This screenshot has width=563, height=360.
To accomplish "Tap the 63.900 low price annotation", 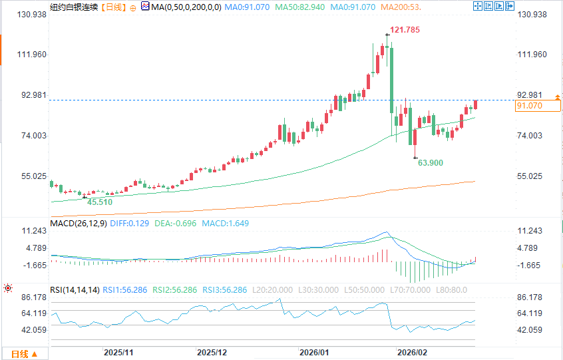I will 430,162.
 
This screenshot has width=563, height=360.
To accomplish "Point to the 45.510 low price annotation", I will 99,202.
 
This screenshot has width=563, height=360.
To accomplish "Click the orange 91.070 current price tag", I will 538,106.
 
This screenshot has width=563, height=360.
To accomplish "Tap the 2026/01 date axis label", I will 315,352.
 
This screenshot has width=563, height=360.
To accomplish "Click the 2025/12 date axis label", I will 212,352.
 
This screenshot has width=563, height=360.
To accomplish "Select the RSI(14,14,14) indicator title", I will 75,289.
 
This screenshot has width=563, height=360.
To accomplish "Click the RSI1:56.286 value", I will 129,289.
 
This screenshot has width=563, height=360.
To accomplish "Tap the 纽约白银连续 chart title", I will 74,7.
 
